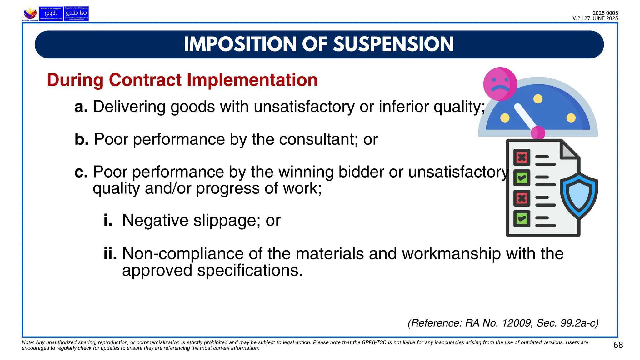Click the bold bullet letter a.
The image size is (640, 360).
click(81, 107)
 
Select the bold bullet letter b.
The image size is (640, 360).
click(82, 139)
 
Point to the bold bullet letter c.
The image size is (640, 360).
click(81, 172)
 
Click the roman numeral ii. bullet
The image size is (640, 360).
click(110, 253)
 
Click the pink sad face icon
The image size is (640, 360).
click(500, 84)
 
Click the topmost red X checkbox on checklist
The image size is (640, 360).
click(522, 157)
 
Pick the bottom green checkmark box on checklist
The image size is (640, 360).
click(522, 218)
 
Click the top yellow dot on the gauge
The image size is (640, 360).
click(538, 99)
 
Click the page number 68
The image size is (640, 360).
click(618, 345)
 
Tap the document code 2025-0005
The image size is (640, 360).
click(605, 13)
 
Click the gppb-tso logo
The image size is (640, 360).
click(76, 14)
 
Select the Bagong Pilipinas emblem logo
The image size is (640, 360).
click(30, 14)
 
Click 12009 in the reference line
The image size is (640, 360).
click(517, 323)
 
